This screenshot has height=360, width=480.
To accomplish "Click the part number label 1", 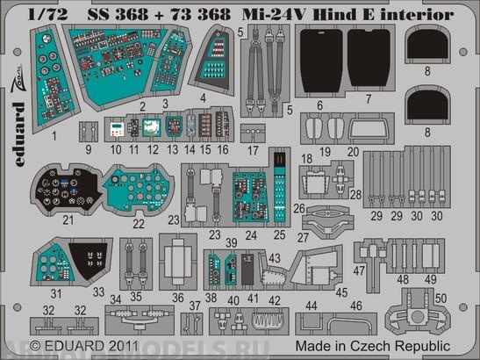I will click(54, 137).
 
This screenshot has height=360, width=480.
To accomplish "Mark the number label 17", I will click(253, 150).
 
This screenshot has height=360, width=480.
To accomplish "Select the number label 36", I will click(178, 299).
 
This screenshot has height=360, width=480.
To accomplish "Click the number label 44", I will click(313, 305).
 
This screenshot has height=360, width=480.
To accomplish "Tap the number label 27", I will click(304, 236).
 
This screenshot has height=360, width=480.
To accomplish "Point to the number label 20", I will click(353, 151).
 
